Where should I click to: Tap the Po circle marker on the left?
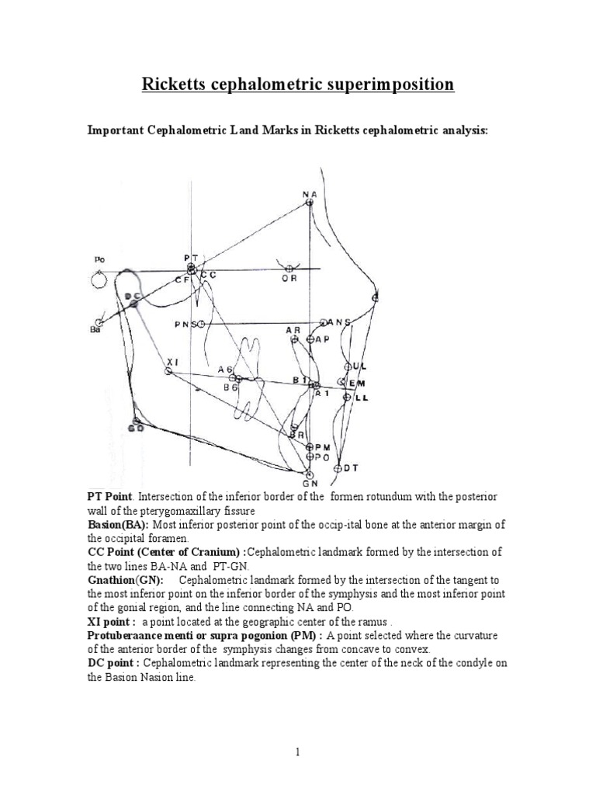coord(99,278)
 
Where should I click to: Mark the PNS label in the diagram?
coord(184,324)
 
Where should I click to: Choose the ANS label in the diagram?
coord(339,321)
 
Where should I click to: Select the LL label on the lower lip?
coord(361,397)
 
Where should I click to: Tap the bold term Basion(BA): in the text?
coord(117,526)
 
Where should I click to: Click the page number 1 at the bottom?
coord(298,752)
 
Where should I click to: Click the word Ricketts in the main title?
coord(173,84)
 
